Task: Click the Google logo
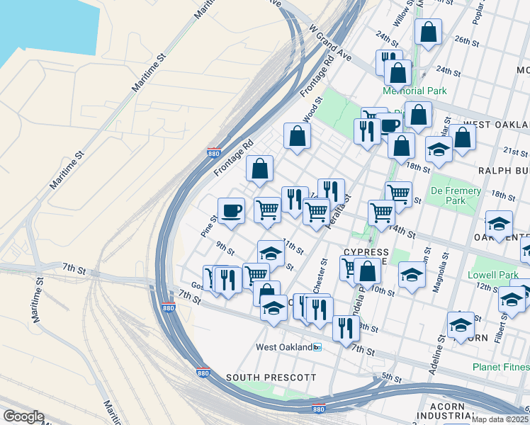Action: click(23, 416)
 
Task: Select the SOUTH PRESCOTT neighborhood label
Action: click(271, 378)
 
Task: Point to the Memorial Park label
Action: click(415, 91)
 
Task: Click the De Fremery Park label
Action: click(456, 195)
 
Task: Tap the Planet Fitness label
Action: click(501, 367)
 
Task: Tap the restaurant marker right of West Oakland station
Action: click(345, 328)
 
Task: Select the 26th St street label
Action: click(467, 41)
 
